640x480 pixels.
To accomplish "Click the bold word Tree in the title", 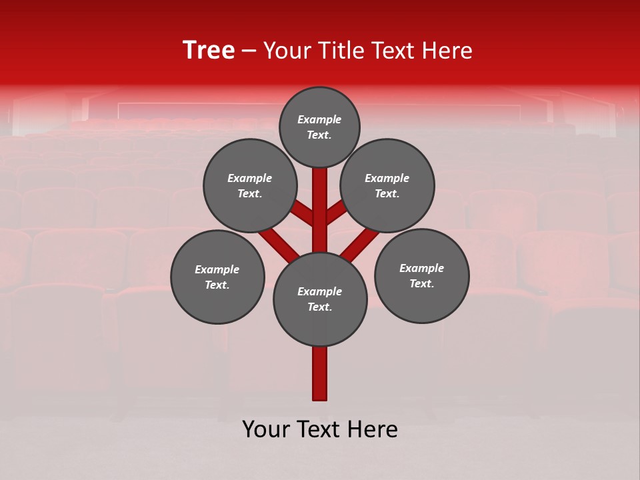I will (x=209, y=51).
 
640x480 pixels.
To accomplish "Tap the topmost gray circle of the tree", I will (x=319, y=127).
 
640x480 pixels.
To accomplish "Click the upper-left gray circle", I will (x=250, y=185).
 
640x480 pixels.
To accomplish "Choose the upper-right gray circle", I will (x=387, y=185).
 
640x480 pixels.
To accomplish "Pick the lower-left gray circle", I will (x=217, y=277).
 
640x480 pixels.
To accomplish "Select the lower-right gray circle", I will (x=421, y=275).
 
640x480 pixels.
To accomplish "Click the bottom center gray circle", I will (x=320, y=299).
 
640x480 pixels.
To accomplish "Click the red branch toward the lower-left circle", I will (x=279, y=243).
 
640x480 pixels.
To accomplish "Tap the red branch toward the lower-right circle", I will (x=360, y=243).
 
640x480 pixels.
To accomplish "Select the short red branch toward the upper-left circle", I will (x=303, y=213).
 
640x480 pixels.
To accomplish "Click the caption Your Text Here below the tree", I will (x=320, y=429).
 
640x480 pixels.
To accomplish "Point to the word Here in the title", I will (x=448, y=51).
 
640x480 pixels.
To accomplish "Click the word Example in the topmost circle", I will (x=319, y=120).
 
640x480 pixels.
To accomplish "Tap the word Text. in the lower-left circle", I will (x=217, y=285).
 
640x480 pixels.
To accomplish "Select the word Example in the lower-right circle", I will (x=421, y=268).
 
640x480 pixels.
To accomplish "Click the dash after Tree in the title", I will (x=249, y=51).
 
